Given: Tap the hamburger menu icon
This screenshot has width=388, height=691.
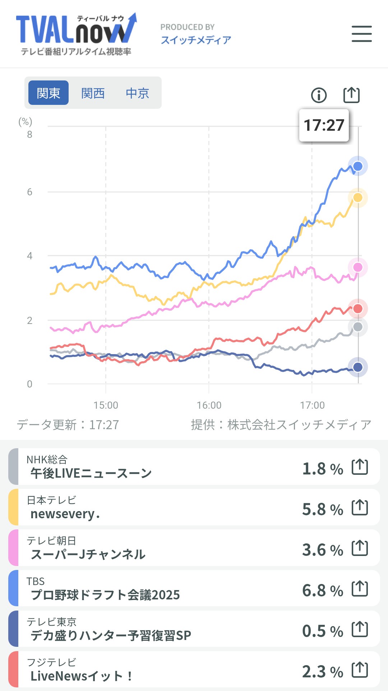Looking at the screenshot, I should click(x=361, y=34).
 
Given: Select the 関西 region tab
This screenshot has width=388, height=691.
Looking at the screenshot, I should click(x=93, y=93).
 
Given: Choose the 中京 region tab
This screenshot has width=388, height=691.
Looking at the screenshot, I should click(x=137, y=93).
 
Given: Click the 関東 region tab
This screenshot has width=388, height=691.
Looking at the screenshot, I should click(x=48, y=93).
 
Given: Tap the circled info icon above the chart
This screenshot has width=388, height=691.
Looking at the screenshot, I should click(x=319, y=95).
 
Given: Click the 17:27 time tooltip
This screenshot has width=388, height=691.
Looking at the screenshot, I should click(x=324, y=125).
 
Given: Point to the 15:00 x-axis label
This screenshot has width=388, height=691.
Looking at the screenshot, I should click(x=106, y=405).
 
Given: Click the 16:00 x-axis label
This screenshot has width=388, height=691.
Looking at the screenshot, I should click(x=209, y=405).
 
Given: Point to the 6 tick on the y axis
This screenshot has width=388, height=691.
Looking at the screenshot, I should click(x=29, y=192).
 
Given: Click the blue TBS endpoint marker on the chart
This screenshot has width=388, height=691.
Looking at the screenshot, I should click(x=358, y=166).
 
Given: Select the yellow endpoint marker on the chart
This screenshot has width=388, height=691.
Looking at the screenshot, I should click(x=358, y=198).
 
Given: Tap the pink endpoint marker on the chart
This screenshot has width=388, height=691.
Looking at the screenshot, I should click(x=358, y=267).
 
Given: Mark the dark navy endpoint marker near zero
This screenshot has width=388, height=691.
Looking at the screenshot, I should click(x=358, y=367).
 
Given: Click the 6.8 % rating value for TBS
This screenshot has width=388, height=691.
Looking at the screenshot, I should click(x=322, y=590).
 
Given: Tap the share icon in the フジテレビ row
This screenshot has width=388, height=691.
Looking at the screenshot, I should click(x=360, y=670).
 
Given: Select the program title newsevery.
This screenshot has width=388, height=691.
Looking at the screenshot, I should click(x=65, y=514).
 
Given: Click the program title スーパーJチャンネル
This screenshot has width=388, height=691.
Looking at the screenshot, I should click(x=88, y=555).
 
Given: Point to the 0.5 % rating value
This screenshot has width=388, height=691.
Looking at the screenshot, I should click(x=322, y=631).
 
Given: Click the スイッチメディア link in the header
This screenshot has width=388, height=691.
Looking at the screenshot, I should click(x=196, y=40).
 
